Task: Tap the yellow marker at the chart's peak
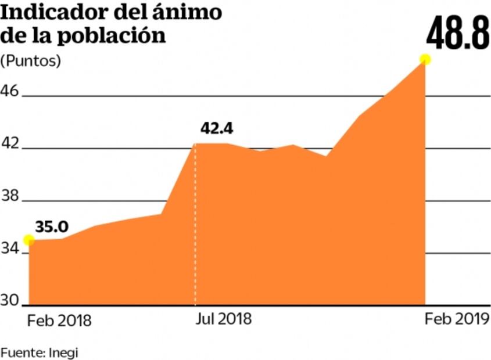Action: [425, 59]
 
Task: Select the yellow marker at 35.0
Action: [28, 240]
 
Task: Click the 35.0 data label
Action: [52, 226]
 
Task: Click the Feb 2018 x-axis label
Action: [59, 320]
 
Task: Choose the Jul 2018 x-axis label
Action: [223, 319]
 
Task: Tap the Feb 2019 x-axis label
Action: [457, 319]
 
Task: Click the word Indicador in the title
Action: [54, 13]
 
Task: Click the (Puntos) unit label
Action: [30, 60]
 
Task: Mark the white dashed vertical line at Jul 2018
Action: [195, 232]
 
